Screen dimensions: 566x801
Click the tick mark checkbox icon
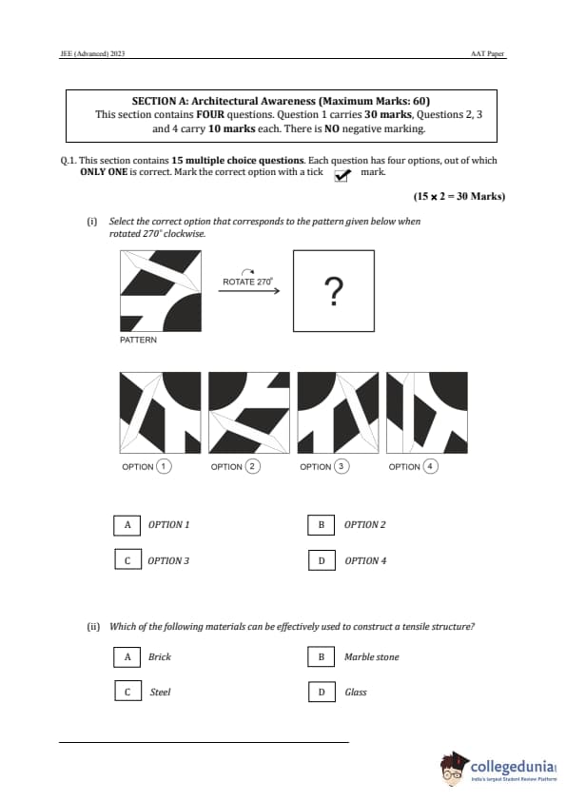[342, 175]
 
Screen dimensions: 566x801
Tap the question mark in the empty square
[334, 291]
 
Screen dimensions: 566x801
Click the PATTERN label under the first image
[139, 341]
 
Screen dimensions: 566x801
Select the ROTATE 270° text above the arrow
[247, 282]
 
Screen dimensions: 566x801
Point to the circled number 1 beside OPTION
[164, 466]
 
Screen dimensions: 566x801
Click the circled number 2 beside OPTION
[252, 466]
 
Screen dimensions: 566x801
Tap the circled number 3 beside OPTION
[342, 466]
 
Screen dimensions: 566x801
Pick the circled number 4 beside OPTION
[430, 466]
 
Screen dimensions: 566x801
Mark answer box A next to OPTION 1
[127, 525]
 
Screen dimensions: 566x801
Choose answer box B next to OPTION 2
[322, 525]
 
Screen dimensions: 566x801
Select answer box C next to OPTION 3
[127, 560]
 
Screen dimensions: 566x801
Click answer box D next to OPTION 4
[322, 560]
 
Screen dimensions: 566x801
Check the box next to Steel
[127, 692]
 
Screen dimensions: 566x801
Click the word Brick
[160, 657]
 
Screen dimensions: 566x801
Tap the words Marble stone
[371, 657]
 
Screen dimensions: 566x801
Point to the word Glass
[356, 693]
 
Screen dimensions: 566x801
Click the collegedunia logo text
[513, 767]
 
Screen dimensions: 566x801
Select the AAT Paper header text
[487, 53]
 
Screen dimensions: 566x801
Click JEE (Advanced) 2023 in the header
[92, 53]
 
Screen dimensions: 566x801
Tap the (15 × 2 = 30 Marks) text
[459, 197]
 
